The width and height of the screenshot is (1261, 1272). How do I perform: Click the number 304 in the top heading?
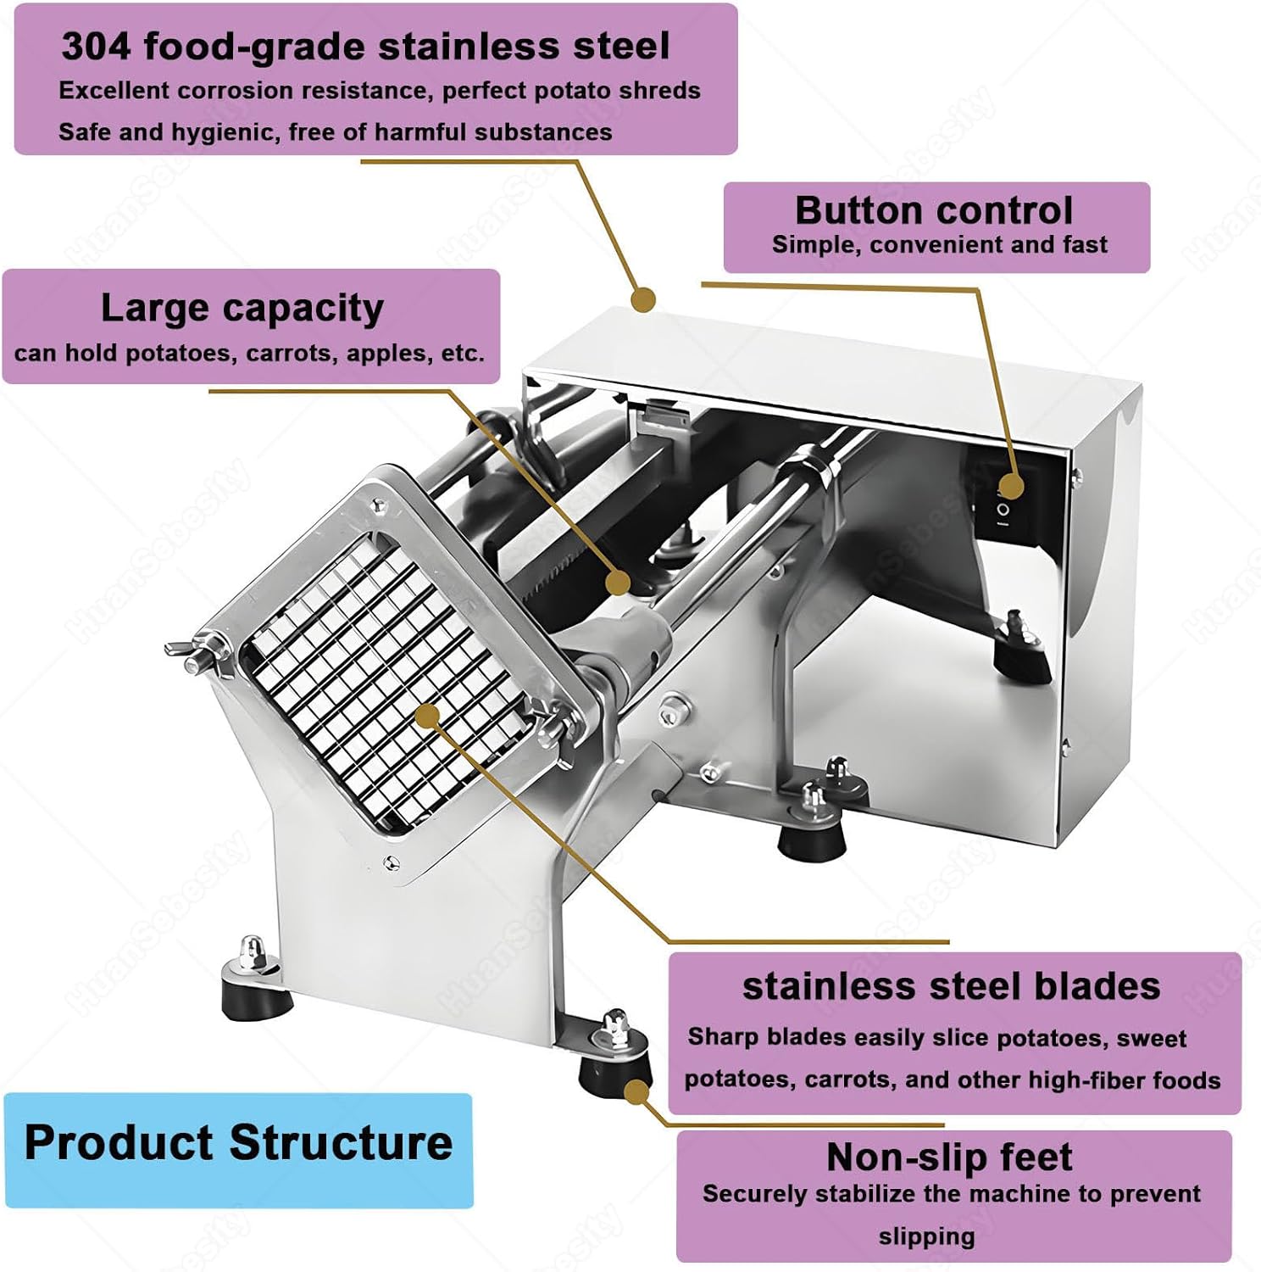pyautogui.click(x=96, y=47)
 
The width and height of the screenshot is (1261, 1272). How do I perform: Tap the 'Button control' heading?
pyautogui.click(x=933, y=210)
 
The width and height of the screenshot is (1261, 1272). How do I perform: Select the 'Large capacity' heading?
pyautogui.click(x=242, y=308)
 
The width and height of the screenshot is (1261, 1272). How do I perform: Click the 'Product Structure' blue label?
pyautogui.click(x=238, y=1143)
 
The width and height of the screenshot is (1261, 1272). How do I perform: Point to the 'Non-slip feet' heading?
pyautogui.click(x=949, y=1158)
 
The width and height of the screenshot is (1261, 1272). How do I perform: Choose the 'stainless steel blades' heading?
pyautogui.click(x=951, y=986)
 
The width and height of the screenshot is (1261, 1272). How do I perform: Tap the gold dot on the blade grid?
pyautogui.click(x=428, y=715)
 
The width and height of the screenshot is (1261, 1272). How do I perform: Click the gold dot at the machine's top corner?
pyautogui.click(x=644, y=298)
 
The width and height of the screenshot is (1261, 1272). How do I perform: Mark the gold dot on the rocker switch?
pyautogui.click(x=1010, y=486)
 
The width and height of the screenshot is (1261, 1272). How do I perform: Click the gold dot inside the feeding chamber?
pyautogui.click(x=619, y=583)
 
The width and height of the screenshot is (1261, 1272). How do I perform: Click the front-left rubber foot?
pyautogui.click(x=254, y=992)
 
